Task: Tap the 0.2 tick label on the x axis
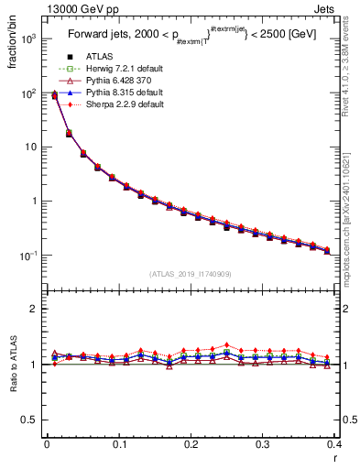[191, 446]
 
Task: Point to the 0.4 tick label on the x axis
[334, 446]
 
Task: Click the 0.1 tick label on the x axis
[119, 446]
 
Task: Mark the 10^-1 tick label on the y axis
[28, 256]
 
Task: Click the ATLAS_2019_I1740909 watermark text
[191, 274]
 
